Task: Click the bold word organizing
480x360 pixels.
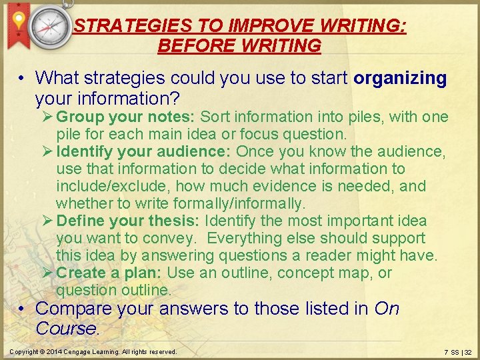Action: click(400, 78)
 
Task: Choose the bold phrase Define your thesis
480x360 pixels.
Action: click(129, 221)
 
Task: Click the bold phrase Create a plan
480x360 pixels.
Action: click(109, 273)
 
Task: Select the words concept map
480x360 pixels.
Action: click(323, 273)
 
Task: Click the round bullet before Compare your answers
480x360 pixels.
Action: click(22, 309)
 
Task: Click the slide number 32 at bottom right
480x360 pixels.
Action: click(467, 352)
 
